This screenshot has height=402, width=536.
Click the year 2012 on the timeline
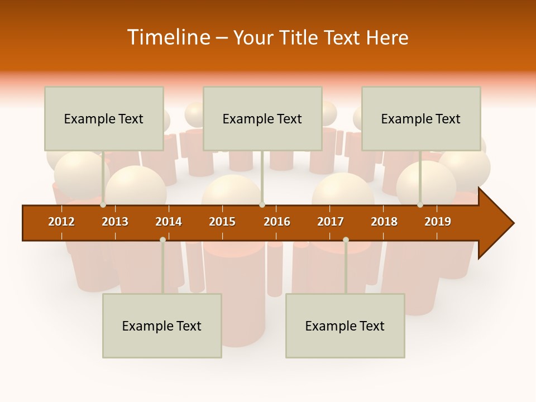coord(61,222)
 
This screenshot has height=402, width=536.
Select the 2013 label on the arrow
coord(115,222)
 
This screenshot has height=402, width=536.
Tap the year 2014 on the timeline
coord(169,222)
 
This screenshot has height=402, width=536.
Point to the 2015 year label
coord(222,222)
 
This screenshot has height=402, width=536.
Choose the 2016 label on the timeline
coord(277,222)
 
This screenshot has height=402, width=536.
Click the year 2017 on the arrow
coord(331,222)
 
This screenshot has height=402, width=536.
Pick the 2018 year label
coord(384,222)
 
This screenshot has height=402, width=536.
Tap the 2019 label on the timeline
coord(438,222)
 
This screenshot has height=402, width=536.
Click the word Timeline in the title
coord(167,37)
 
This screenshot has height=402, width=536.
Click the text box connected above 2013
coord(104,118)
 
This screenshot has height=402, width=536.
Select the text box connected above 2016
coord(262,118)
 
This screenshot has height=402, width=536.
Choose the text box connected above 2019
coord(421,118)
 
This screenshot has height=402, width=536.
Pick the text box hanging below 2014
coord(162,326)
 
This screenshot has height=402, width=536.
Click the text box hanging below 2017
coord(345,326)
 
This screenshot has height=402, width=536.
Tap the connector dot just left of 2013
coord(103,205)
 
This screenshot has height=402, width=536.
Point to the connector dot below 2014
coord(162,240)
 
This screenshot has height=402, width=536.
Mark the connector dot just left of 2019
coord(420,205)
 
